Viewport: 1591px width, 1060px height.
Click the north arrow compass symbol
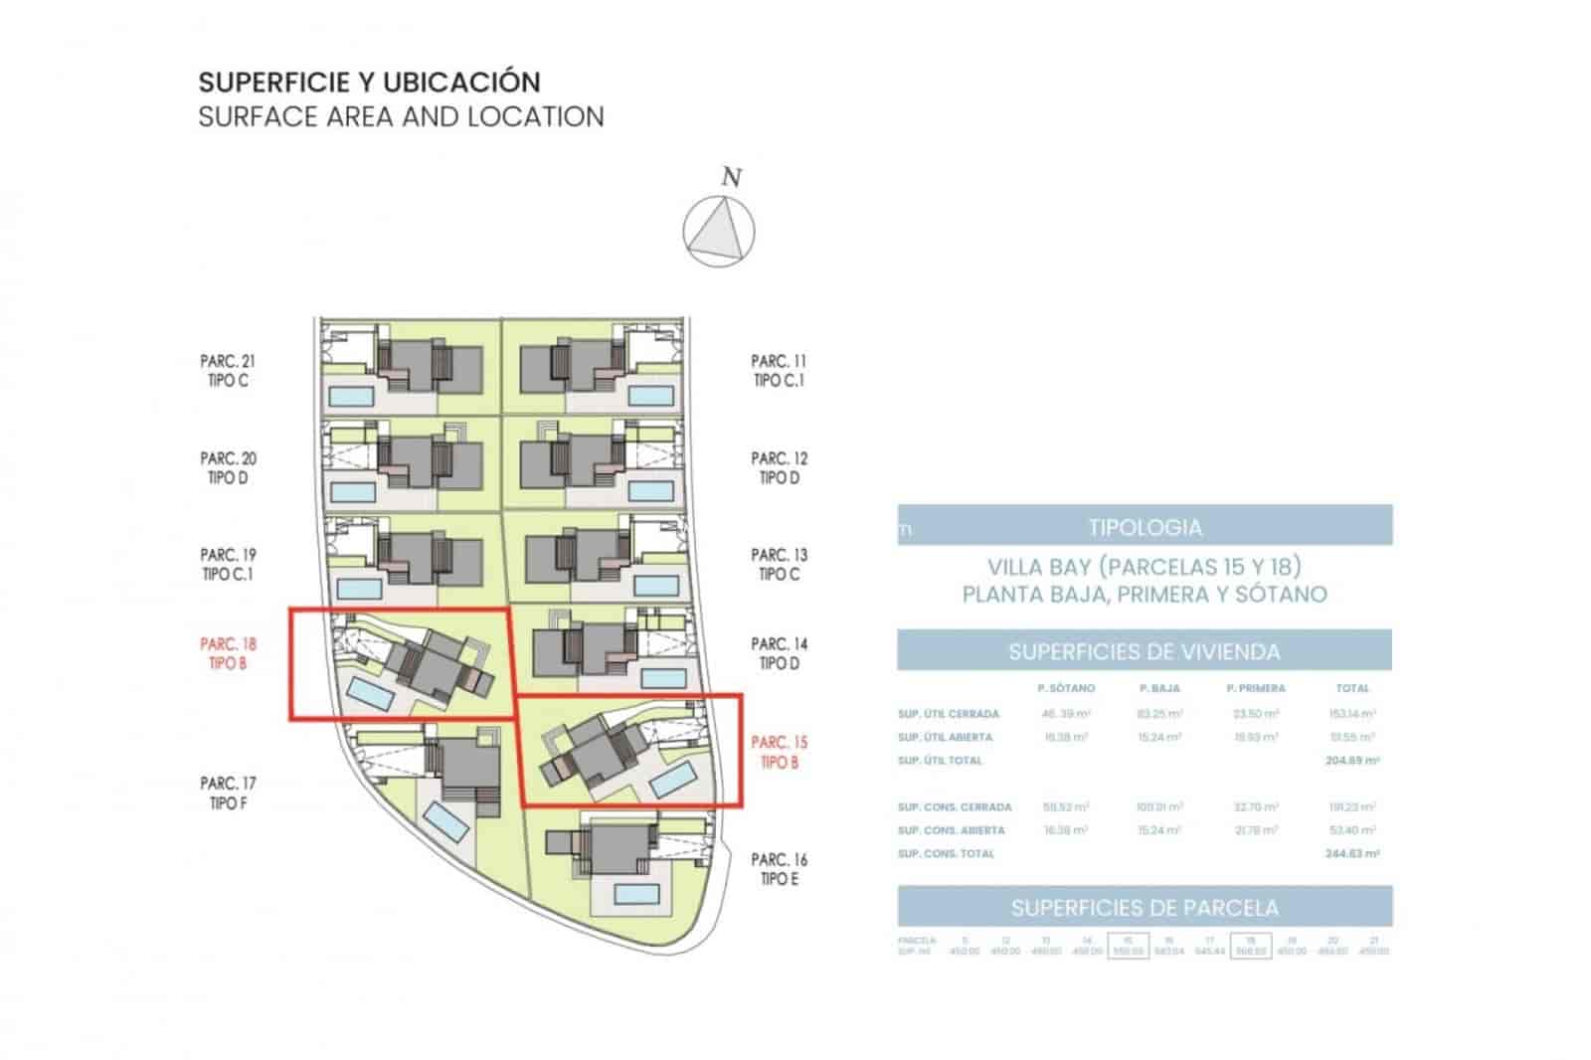pyautogui.click(x=719, y=231)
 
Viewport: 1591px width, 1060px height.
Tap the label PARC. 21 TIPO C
pyautogui.click(x=228, y=371)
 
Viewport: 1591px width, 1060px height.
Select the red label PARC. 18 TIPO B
pyautogui.click(x=228, y=653)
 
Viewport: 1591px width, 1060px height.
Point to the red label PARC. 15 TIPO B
pyautogui.click(x=780, y=752)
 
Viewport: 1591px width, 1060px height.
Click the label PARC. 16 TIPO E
pyautogui.click(x=780, y=869)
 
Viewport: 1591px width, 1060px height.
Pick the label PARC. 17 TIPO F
pyautogui.click(x=228, y=793)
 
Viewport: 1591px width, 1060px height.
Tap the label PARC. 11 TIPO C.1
pyautogui.click(x=779, y=371)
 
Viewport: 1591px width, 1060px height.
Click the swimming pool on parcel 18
pyautogui.click(x=368, y=694)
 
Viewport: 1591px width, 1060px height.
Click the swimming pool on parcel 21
pyautogui.click(x=351, y=396)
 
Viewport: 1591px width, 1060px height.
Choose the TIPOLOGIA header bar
pyautogui.click(x=1145, y=527)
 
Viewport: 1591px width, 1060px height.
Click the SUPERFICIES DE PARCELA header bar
pyautogui.click(x=1145, y=907)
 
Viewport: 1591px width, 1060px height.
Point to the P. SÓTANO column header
pyautogui.click(x=1066, y=688)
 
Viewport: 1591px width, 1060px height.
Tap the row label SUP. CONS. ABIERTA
pyautogui.click(x=952, y=830)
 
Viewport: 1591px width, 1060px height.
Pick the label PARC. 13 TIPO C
pyautogui.click(x=779, y=564)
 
